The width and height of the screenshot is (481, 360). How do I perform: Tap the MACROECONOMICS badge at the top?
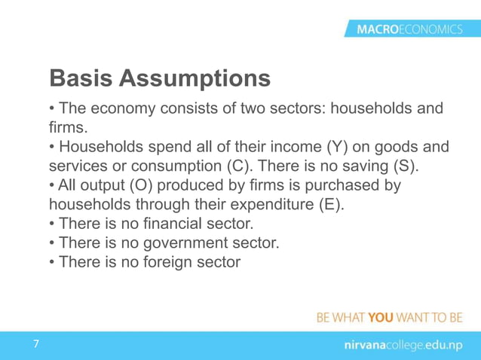[x=409, y=29]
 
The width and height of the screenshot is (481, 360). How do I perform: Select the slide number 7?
[x=35, y=344]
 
